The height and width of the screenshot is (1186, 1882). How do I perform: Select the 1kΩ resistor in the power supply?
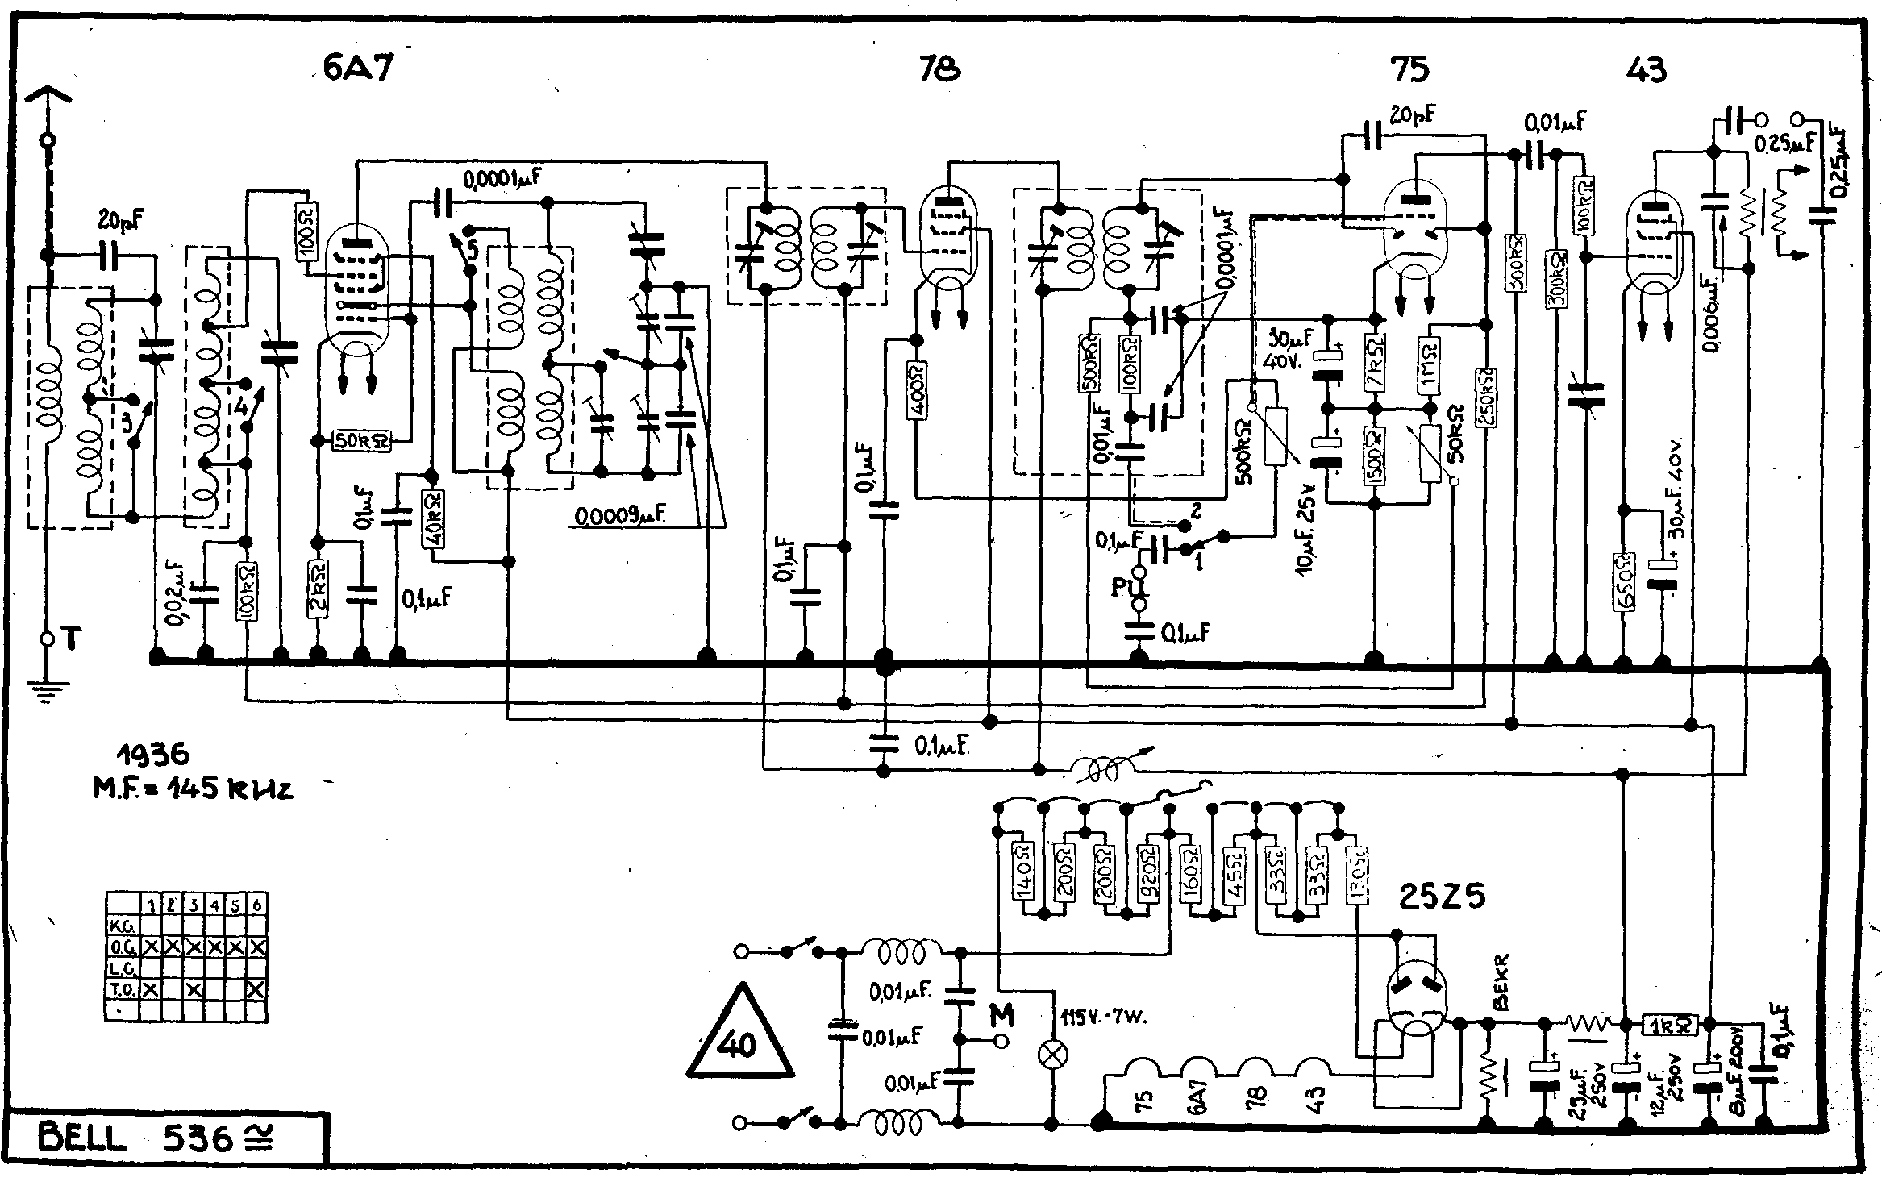(x=1670, y=1025)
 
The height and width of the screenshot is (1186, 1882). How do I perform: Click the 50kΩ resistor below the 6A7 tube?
(x=364, y=440)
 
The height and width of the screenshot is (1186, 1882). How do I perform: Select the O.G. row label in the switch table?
(x=123, y=947)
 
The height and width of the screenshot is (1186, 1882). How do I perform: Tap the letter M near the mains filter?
(x=1001, y=1017)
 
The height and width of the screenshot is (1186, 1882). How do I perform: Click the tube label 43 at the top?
(x=1646, y=71)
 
